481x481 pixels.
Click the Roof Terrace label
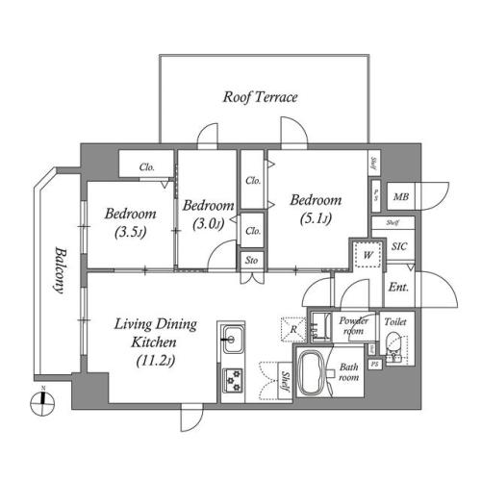click(x=260, y=97)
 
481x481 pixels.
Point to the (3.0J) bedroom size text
click(x=207, y=224)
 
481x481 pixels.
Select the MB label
click(x=401, y=197)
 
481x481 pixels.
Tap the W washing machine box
click(x=367, y=254)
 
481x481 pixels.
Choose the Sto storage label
click(x=252, y=260)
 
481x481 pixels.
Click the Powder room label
click(x=354, y=324)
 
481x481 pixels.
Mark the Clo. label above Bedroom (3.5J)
click(x=147, y=166)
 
